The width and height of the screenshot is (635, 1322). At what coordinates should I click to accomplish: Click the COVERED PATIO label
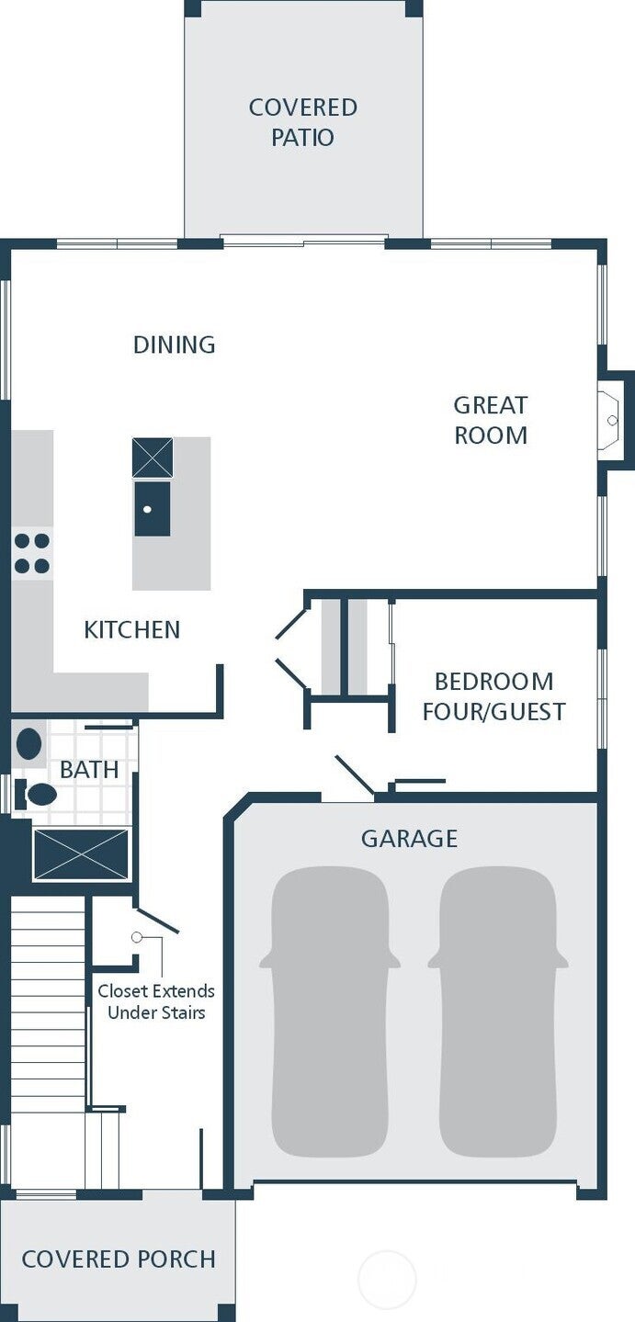(x=302, y=122)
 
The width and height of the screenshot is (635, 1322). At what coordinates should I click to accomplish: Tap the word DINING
(x=174, y=345)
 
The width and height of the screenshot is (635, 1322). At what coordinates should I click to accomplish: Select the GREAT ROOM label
(x=491, y=420)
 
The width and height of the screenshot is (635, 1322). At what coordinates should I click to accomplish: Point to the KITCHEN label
(x=131, y=629)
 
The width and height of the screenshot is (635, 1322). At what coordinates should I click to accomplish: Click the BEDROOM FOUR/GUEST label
(x=494, y=696)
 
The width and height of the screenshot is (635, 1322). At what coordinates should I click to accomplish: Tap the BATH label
(x=89, y=770)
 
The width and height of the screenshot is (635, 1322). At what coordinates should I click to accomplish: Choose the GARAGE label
(x=409, y=839)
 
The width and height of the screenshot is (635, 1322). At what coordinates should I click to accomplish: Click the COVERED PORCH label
(x=119, y=1260)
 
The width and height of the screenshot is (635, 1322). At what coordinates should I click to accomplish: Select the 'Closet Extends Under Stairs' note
(x=156, y=1001)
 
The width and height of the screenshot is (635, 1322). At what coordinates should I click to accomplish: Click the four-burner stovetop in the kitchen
(x=32, y=554)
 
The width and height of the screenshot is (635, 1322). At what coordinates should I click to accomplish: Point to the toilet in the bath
(x=36, y=795)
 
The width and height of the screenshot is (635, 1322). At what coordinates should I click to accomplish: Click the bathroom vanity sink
(x=28, y=743)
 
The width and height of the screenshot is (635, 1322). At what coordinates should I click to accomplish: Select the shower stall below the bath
(x=80, y=854)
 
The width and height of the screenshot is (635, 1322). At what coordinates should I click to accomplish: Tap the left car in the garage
(x=329, y=1011)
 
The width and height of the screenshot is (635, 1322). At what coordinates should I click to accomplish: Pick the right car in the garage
(x=498, y=1011)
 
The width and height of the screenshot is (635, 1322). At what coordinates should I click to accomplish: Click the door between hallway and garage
(x=354, y=774)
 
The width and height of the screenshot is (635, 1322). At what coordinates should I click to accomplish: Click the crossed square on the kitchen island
(x=153, y=458)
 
